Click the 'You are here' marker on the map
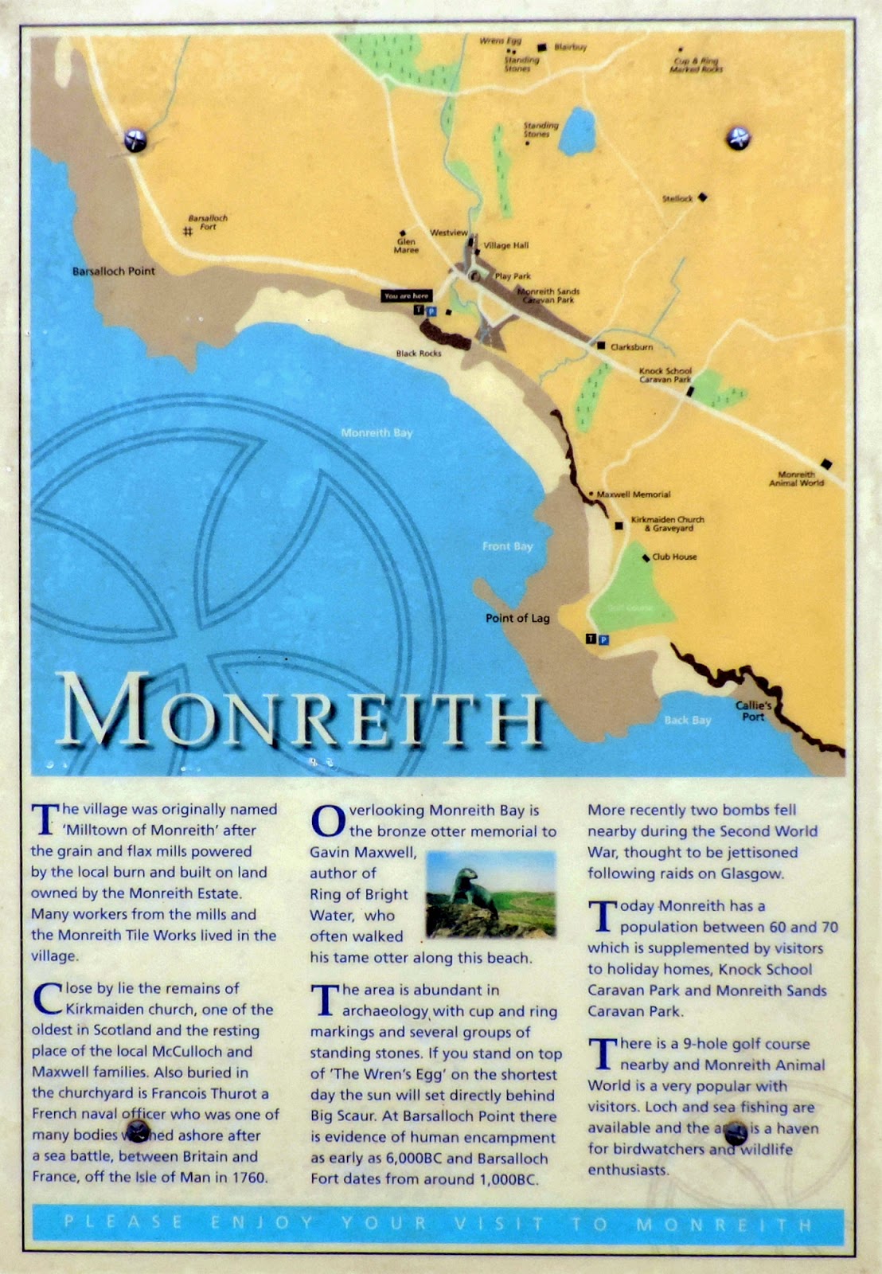click(406, 295)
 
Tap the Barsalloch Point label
click(114, 272)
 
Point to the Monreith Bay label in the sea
click(377, 433)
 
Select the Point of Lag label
click(517, 618)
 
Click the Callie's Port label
click(752, 711)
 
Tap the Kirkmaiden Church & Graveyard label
click(667, 524)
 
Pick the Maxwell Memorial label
click(634, 494)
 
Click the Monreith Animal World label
click(796, 479)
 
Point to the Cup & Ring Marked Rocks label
click(696, 65)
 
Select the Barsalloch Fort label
click(208, 222)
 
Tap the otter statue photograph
click(490, 894)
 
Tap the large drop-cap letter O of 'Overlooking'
click(327, 820)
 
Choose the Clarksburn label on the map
click(631, 347)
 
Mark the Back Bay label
click(687, 721)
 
